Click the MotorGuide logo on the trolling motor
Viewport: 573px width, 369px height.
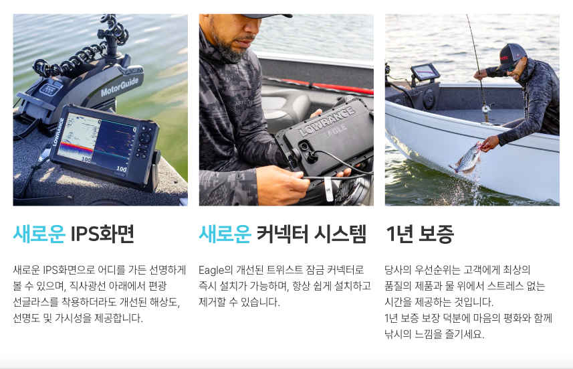click(120, 87)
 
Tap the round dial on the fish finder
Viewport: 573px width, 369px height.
click(144, 138)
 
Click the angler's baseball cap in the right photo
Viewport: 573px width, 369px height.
click(512, 56)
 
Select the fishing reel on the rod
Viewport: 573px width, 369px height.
click(485, 108)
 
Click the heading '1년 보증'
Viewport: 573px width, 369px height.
click(420, 234)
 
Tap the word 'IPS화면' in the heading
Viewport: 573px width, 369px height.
click(102, 234)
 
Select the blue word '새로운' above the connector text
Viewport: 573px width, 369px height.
click(225, 234)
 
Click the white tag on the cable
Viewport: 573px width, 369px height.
click(328, 189)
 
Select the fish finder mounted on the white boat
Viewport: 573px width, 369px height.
click(425, 72)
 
